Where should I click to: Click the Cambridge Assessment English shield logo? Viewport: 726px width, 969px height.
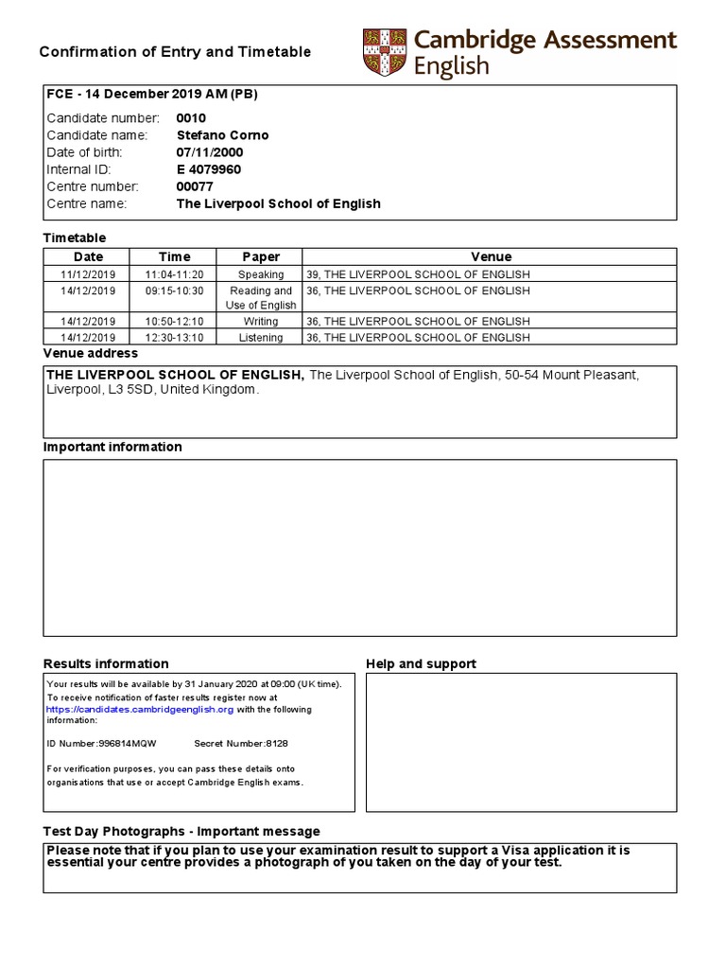[383, 53]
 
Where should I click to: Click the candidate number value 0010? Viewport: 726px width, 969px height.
[191, 118]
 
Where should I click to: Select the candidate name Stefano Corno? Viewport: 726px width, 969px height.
[222, 135]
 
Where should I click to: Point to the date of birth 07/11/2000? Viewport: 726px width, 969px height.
[209, 152]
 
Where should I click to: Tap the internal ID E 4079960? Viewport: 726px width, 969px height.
[209, 169]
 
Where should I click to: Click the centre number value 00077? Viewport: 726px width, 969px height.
[195, 186]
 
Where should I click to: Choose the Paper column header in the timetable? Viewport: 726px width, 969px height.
[261, 256]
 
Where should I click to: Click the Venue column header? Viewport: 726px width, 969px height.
[491, 256]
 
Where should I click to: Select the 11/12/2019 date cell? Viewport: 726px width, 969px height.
[88, 274]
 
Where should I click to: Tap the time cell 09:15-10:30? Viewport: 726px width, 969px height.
[174, 291]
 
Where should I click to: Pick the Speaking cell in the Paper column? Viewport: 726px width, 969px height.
[261, 274]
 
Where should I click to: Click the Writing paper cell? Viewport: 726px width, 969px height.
[261, 322]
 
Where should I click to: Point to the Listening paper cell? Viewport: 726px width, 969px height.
[261, 338]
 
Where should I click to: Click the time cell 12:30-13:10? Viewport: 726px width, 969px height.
[174, 338]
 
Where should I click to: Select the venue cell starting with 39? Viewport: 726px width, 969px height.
[418, 274]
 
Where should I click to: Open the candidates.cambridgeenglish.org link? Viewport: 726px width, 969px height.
[140, 709]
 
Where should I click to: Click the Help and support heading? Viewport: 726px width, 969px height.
[421, 663]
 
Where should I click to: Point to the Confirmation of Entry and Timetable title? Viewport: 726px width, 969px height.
[175, 52]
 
